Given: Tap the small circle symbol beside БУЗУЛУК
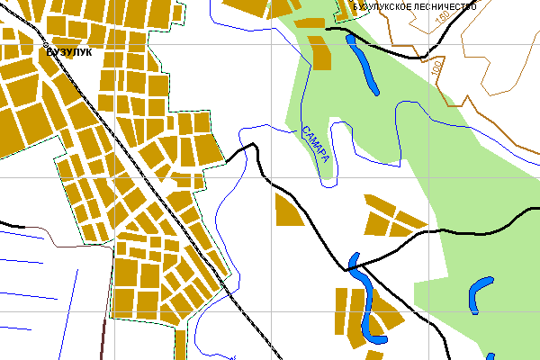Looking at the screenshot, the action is click(x=44, y=43).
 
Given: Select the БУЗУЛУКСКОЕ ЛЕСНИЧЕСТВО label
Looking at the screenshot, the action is click(x=415, y=6).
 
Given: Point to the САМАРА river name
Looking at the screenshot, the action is click(x=317, y=144).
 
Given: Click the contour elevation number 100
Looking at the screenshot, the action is click(x=437, y=68).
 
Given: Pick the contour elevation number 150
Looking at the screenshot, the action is click(x=442, y=18).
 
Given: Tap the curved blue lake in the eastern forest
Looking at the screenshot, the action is click(x=481, y=292).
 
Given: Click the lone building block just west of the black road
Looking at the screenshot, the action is click(x=288, y=211).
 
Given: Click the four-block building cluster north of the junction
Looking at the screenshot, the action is click(x=392, y=216).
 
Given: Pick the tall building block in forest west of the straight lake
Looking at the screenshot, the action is click(x=320, y=51).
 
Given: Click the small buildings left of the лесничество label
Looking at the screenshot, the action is click(x=346, y=10).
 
